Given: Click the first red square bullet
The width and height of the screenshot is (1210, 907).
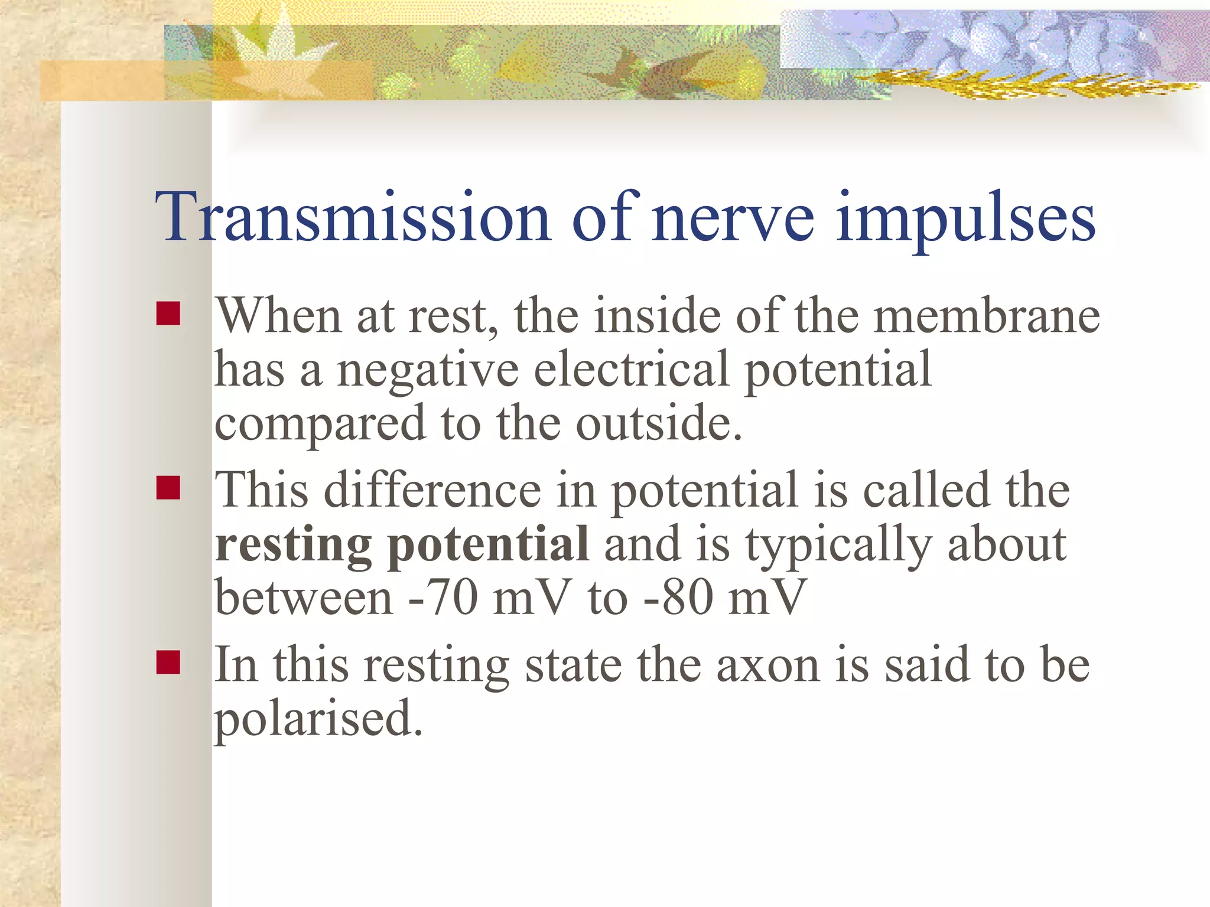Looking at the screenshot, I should (168, 314).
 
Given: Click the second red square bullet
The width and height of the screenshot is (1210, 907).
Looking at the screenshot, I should (168, 488).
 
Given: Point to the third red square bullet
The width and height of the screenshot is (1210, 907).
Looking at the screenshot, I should (168, 662).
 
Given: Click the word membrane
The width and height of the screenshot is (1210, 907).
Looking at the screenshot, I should (987, 317).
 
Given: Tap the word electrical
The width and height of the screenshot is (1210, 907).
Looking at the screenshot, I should (631, 370).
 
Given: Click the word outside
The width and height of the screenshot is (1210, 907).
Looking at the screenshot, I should (658, 424).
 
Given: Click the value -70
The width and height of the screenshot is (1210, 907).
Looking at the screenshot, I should (443, 598).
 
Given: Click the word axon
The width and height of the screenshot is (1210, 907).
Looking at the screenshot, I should (767, 665).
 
